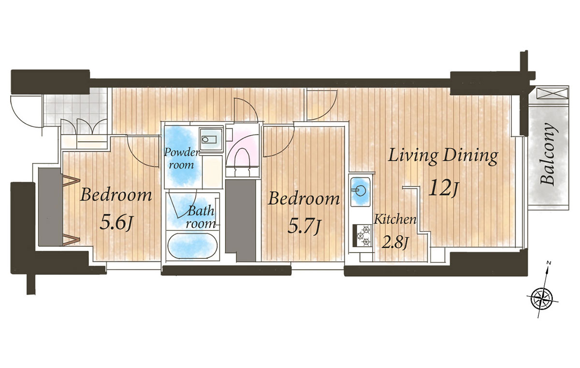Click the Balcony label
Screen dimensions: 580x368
pyautogui.click(x=548, y=154)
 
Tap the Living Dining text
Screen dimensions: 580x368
pyautogui.click(x=443, y=156)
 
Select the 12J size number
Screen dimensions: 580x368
pyautogui.click(x=444, y=189)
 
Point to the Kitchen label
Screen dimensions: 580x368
pyautogui.click(x=395, y=220)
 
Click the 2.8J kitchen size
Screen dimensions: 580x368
pyautogui.click(x=395, y=243)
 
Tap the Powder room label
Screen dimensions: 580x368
pyautogui.click(x=181, y=158)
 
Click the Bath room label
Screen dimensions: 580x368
pyautogui.click(x=201, y=217)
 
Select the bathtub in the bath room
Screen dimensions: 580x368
pyautogui.click(x=192, y=246)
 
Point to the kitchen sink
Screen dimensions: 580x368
pyautogui.click(x=360, y=192)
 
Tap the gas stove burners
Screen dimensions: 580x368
pyautogui.click(x=363, y=236)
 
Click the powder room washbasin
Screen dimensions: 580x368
pyautogui.click(x=211, y=139)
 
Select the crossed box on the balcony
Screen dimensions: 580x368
pyautogui.click(x=552, y=93)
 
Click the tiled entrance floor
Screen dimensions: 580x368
pyautogui.click(x=75, y=107)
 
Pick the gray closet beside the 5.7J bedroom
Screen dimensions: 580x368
pyautogui.click(x=241, y=221)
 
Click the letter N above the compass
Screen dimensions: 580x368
pyautogui.click(x=549, y=263)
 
